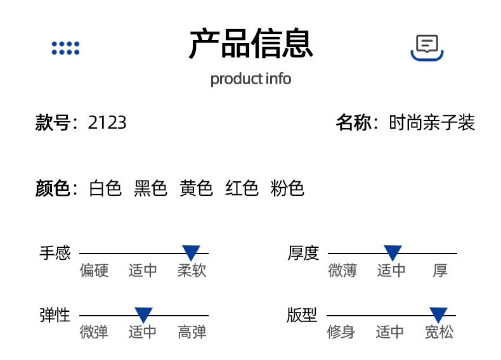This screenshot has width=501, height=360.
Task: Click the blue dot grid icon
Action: (x=65, y=48)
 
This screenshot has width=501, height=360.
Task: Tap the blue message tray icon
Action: (x=427, y=48)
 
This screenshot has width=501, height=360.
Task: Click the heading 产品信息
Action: (x=251, y=44)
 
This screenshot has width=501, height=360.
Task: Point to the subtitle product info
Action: (x=251, y=79)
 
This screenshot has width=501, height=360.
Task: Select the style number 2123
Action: (x=107, y=122)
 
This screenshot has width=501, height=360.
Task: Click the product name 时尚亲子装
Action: (x=432, y=122)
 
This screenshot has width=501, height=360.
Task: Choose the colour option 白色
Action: (x=105, y=188)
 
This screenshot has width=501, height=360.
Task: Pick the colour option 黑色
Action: (x=151, y=188)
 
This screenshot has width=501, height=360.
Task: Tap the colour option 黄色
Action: (x=197, y=188)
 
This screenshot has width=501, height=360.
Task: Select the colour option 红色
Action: (x=242, y=188)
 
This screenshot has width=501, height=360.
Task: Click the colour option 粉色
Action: (x=288, y=188)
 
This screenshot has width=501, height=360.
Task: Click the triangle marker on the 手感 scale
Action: (x=191, y=253)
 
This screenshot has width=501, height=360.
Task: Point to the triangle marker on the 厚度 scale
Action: (x=393, y=253)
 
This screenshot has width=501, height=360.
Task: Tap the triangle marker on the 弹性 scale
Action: (x=143, y=314)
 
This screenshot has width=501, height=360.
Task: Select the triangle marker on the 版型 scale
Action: (x=438, y=314)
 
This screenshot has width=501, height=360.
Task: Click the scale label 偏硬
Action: (x=94, y=271)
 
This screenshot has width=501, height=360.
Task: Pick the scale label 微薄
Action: (x=343, y=271)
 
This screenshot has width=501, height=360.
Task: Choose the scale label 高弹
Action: (x=192, y=332)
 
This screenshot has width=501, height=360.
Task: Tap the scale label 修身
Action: (x=341, y=332)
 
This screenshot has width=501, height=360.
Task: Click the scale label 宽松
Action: (x=439, y=332)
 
